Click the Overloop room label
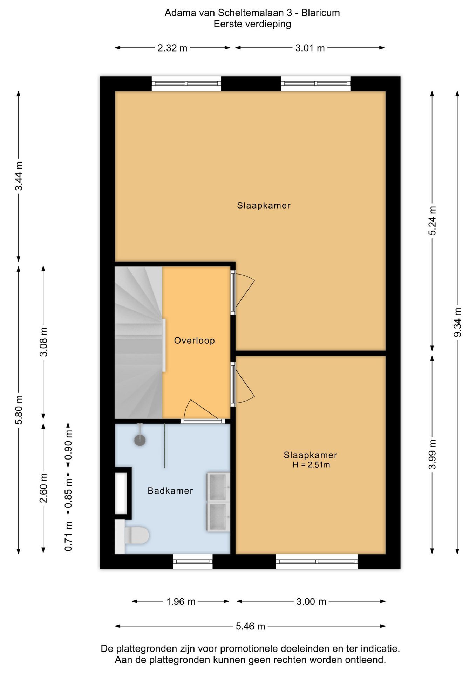(194, 341)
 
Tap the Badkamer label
(170, 491)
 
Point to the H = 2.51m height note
(311, 465)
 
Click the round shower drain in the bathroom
(140, 441)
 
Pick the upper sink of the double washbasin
(218, 487)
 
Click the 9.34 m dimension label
(457, 322)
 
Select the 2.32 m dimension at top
(172, 48)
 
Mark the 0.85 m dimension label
(68, 493)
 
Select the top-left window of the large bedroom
(186, 84)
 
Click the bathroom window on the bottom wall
(193, 561)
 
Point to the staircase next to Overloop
(139, 342)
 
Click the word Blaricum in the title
(320, 13)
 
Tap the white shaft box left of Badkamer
(121, 493)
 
